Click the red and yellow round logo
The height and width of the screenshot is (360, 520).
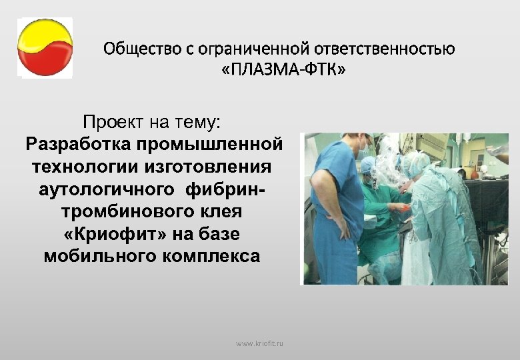45,48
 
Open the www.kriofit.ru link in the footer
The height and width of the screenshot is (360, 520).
259,343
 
